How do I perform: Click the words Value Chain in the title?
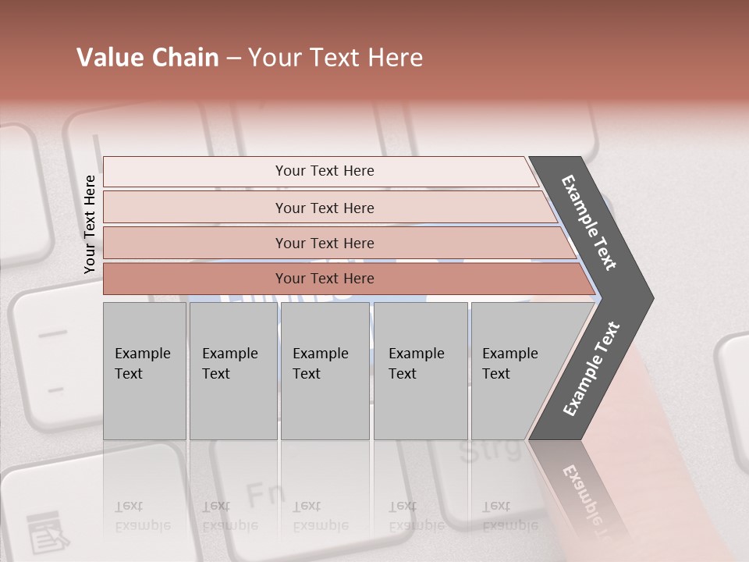(147, 58)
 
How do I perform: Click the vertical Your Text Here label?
(90, 224)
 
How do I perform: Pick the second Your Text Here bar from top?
(324, 208)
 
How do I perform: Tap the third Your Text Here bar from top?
(324, 243)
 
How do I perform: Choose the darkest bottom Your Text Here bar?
(324, 279)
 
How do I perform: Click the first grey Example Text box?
(144, 371)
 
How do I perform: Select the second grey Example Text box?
(233, 371)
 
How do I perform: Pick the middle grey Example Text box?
(325, 371)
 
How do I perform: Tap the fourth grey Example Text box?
(421, 371)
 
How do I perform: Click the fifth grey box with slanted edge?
(515, 371)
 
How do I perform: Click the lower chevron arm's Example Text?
(591, 368)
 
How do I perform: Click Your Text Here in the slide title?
(335, 58)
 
